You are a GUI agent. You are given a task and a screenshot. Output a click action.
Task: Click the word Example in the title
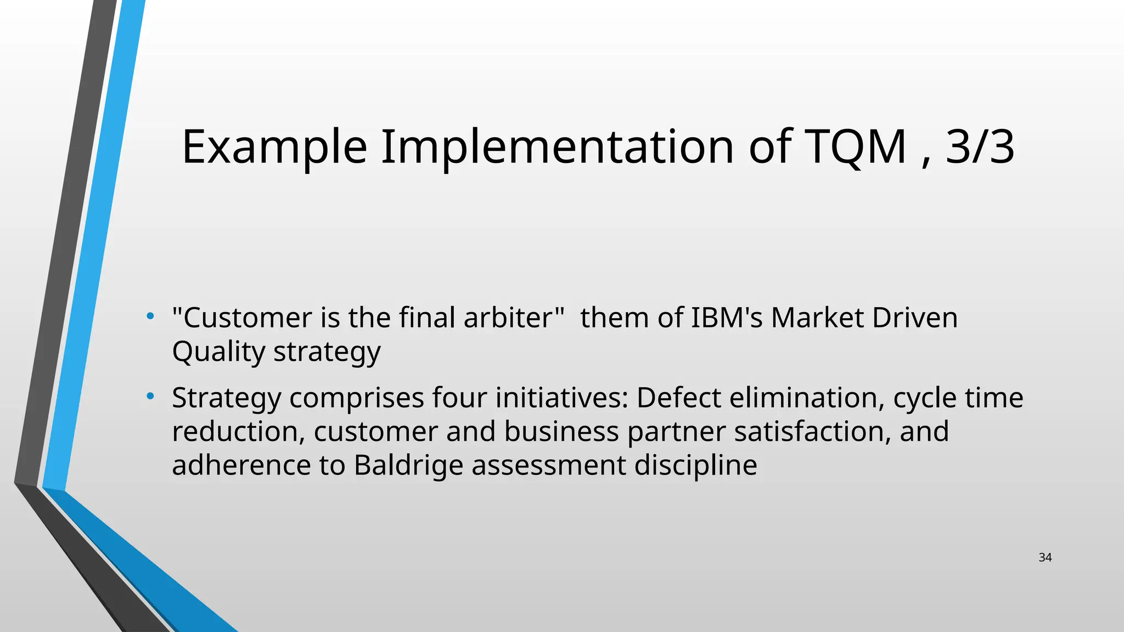pyautogui.click(x=274, y=147)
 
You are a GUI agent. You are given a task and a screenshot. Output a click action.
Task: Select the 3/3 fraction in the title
pyautogui.click(x=980, y=147)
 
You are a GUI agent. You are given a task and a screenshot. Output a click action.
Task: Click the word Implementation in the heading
pyautogui.click(x=557, y=147)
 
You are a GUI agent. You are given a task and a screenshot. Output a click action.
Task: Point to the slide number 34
pyautogui.click(x=1045, y=557)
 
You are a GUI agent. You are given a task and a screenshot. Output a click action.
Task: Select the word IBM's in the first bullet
pyautogui.click(x=727, y=318)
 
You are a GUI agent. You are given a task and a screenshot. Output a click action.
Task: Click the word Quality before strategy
pyautogui.click(x=218, y=352)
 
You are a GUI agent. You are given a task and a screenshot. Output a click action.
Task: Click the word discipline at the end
pyautogui.click(x=695, y=465)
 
